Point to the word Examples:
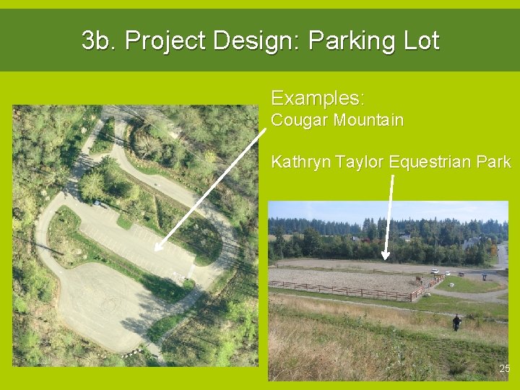318,97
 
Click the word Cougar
299,120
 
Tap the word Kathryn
298,162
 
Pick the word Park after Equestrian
494,161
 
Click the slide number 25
504,369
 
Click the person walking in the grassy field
456,322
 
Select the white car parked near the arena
435,272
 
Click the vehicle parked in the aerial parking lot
97,203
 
